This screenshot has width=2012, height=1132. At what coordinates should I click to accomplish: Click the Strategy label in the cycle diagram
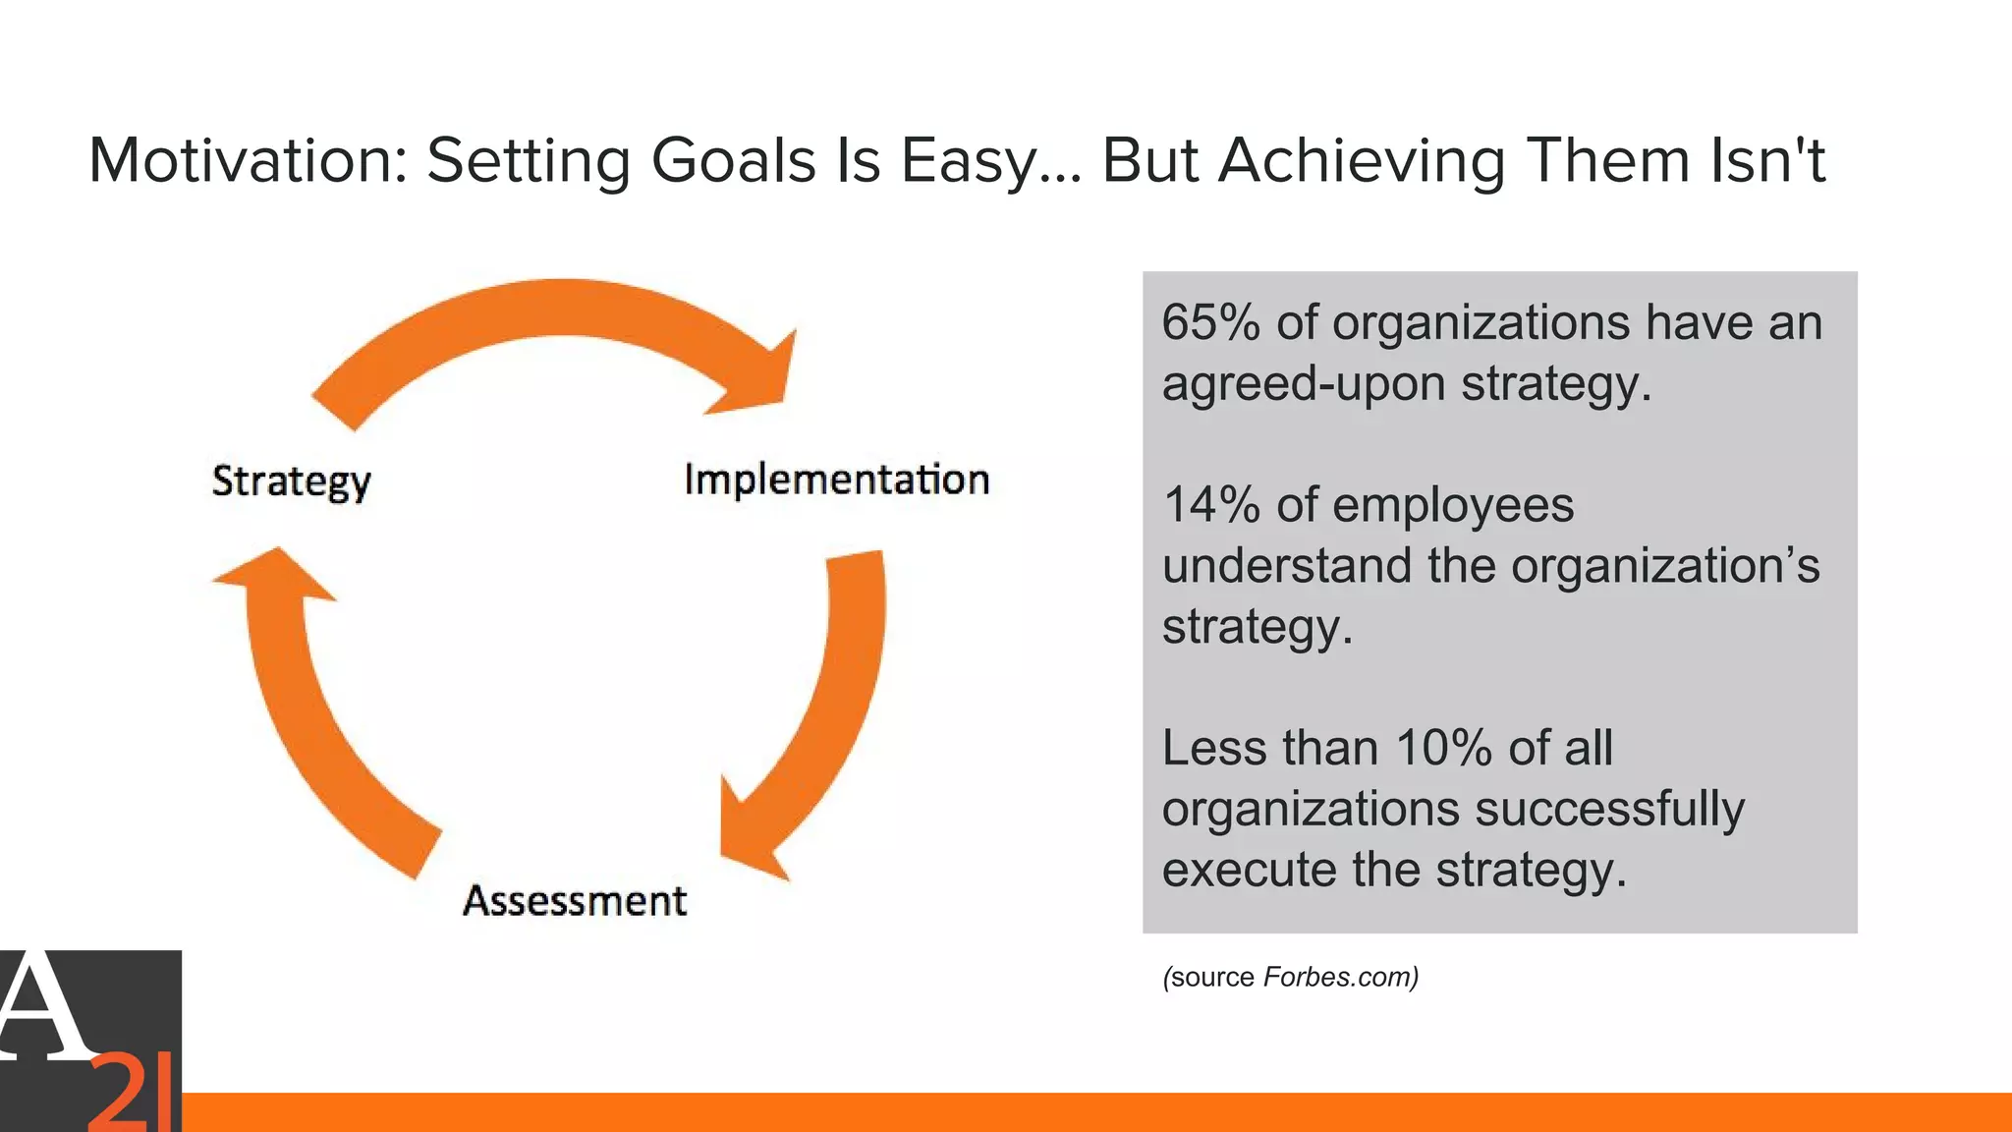tap(291, 481)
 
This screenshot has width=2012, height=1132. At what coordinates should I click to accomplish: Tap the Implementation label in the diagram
tap(836, 480)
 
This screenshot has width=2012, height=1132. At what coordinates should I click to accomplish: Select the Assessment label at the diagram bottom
tap(575, 900)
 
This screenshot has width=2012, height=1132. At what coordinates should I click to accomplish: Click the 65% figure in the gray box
tap(1210, 322)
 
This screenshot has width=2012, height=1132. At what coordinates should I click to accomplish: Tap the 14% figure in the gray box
tap(1210, 505)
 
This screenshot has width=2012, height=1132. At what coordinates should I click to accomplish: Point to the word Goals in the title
tap(733, 159)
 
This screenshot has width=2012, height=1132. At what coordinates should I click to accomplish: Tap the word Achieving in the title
tap(1362, 159)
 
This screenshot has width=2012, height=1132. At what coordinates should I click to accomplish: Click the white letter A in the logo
tap(39, 1007)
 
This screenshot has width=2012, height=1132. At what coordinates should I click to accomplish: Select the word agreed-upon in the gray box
tap(1303, 383)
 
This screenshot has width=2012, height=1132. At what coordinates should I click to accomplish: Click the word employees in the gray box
tap(1453, 505)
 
